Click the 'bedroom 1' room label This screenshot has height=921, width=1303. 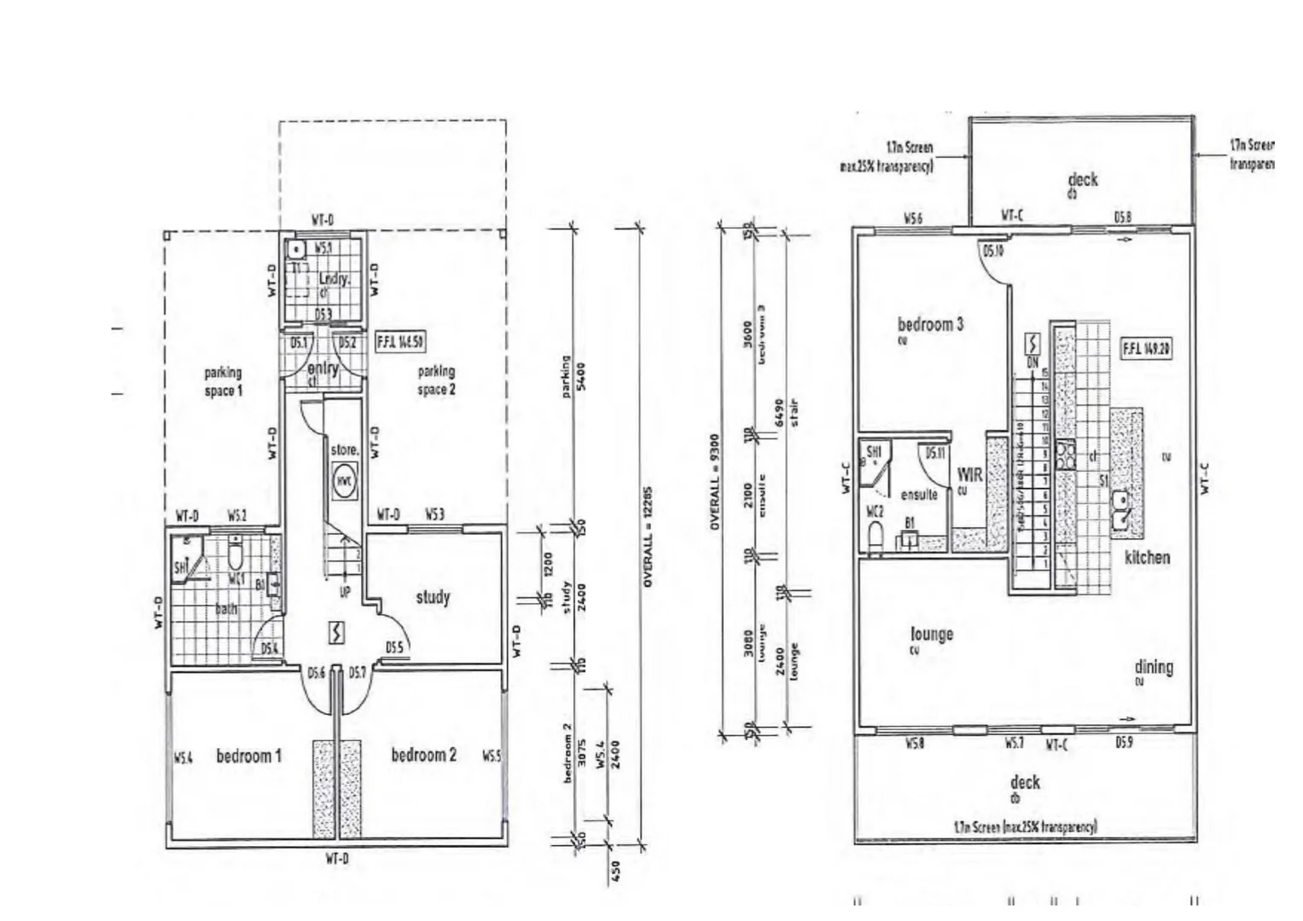click(x=248, y=756)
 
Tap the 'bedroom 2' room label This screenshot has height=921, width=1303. click(x=423, y=755)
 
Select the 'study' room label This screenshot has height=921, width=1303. click(x=433, y=597)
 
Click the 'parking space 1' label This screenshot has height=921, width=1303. click(x=223, y=381)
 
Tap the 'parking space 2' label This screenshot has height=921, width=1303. click(x=436, y=380)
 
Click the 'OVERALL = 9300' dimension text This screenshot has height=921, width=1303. click(x=715, y=482)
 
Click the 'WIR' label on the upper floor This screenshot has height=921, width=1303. click(x=970, y=476)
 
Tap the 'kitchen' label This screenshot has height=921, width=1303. click(x=1147, y=558)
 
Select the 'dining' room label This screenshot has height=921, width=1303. click(x=1154, y=667)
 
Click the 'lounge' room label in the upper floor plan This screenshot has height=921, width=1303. click(x=932, y=634)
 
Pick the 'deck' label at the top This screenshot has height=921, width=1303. click(x=1083, y=180)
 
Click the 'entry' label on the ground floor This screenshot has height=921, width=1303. click(x=323, y=369)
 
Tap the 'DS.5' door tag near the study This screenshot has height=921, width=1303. click(x=394, y=648)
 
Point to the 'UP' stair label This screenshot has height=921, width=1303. click(x=345, y=591)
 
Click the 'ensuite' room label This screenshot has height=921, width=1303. click(x=919, y=495)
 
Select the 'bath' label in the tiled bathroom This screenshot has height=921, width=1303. click(x=226, y=609)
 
